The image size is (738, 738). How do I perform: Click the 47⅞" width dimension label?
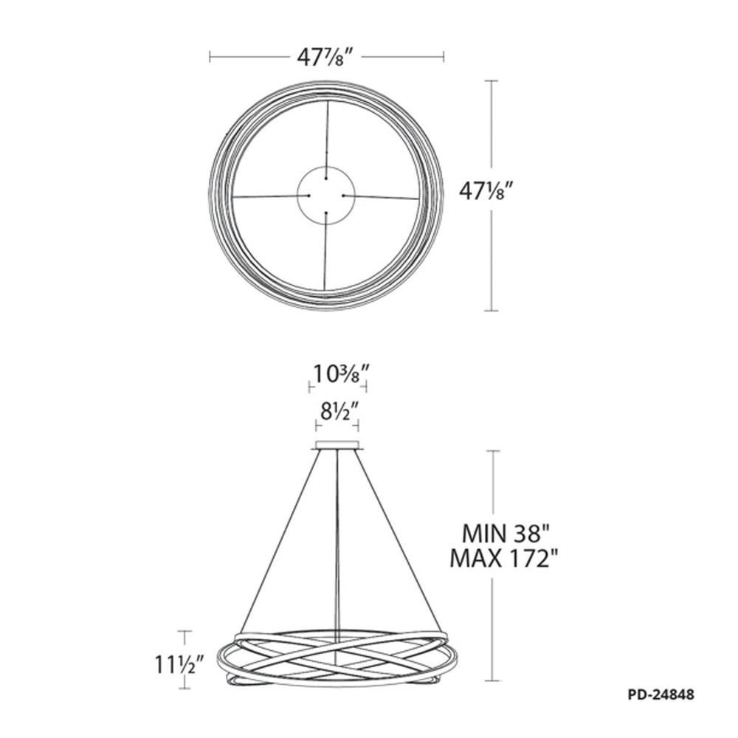324,58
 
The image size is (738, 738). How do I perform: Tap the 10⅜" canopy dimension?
337,374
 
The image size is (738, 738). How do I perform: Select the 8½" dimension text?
337,413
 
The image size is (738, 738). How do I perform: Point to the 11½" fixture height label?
179,665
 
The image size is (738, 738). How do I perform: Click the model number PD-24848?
661,694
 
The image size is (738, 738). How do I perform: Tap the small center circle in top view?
297,195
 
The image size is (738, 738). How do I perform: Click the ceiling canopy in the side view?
337,445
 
